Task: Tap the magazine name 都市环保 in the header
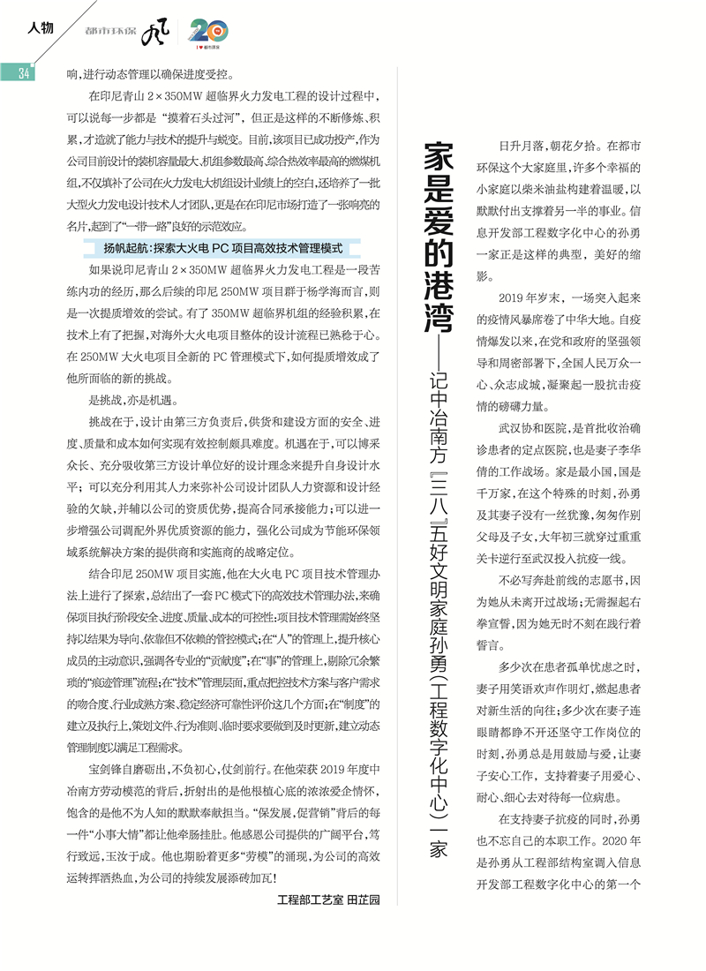point(111,32)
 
